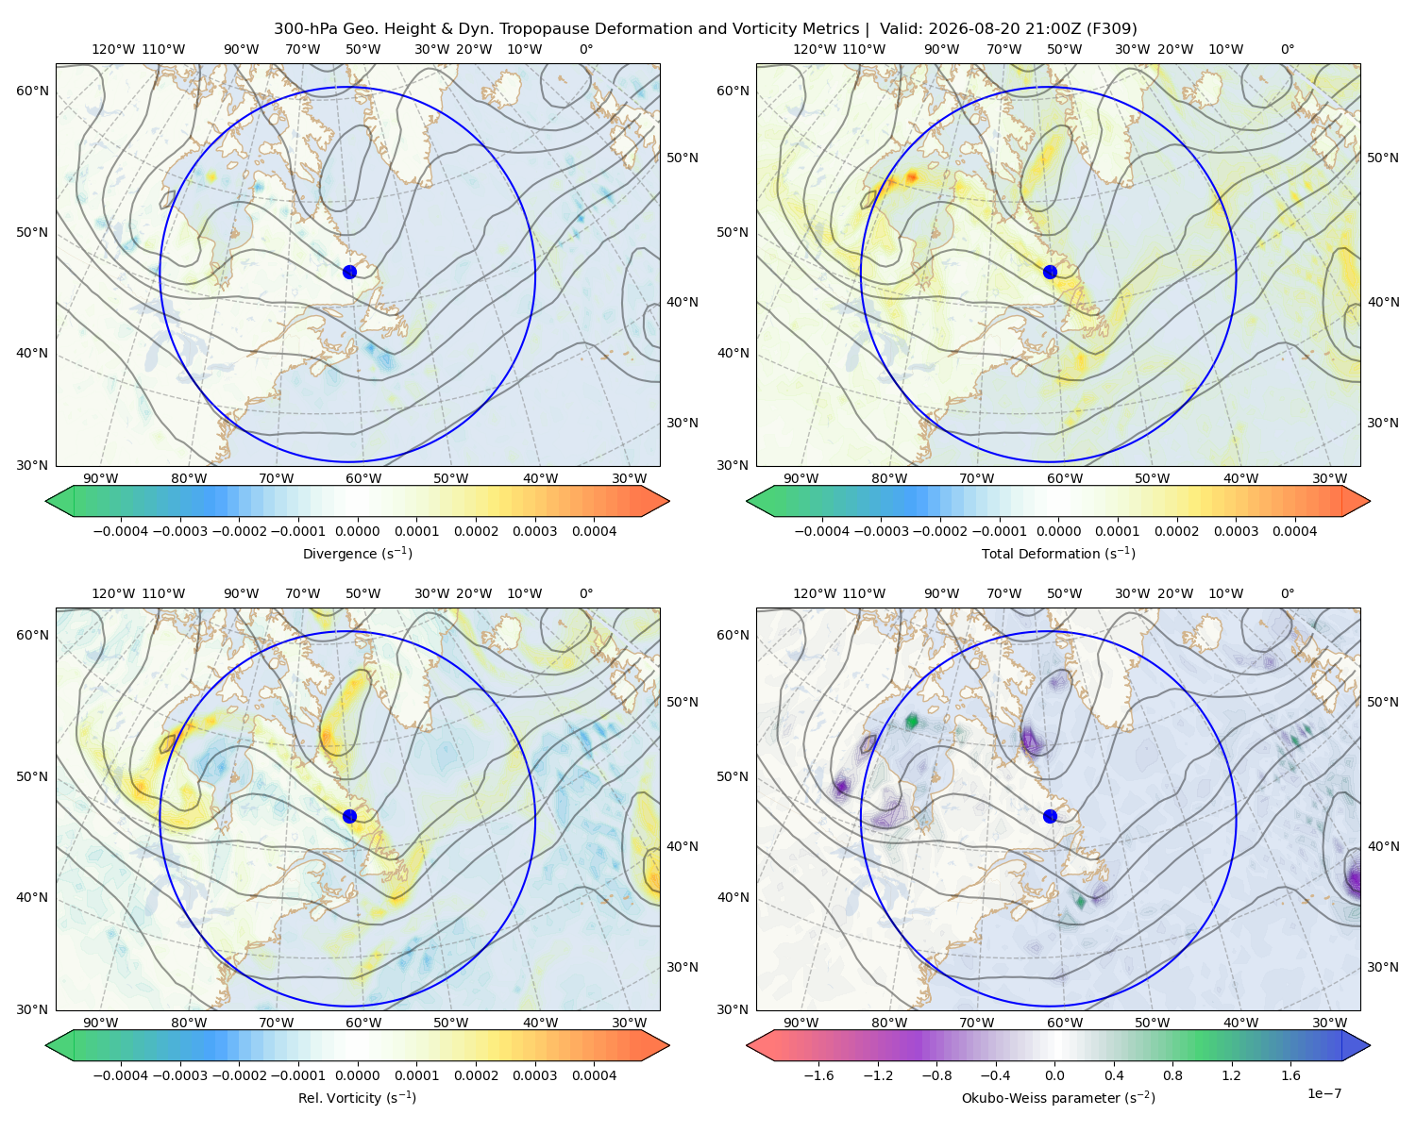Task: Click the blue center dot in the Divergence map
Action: (349, 272)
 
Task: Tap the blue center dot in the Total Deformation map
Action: (1050, 272)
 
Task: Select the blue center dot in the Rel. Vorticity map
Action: (349, 816)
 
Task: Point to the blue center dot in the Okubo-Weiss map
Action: (1050, 816)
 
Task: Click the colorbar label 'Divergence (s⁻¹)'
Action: (357, 553)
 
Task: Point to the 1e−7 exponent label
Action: (1323, 1093)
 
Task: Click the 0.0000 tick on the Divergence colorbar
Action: (357, 531)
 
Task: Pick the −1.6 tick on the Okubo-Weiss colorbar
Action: (818, 1075)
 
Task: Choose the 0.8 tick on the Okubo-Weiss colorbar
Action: (1172, 1075)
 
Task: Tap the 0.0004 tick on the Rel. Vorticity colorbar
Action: (594, 1075)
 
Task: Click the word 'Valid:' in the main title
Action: (902, 29)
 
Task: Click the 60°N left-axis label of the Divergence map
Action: (32, 91)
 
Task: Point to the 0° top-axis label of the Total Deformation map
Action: (1288, 49)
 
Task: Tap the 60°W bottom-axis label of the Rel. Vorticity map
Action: (363, 1023)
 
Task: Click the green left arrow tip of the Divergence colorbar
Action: (46, 501)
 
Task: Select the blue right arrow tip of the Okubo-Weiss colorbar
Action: (1370, 1045)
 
